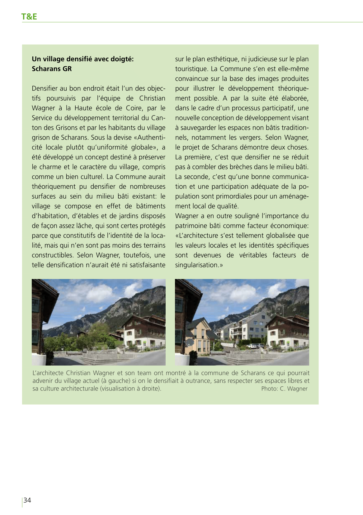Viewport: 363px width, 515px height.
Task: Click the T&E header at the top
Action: coord(29,17)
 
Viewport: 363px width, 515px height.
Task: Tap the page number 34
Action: coord(27,500)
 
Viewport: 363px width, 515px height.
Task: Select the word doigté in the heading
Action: coord(122,59)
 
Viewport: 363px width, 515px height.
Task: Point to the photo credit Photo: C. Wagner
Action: coord(284,389)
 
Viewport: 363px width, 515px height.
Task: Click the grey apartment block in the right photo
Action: coord(249,328)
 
